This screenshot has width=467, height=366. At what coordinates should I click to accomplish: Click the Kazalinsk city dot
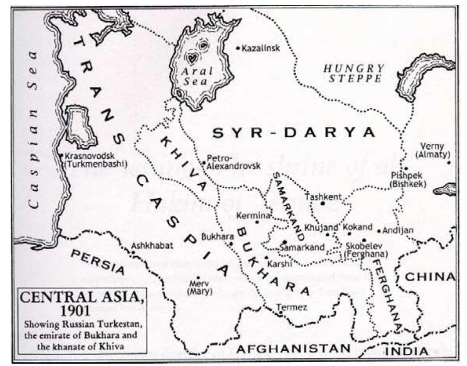tap(238, 48)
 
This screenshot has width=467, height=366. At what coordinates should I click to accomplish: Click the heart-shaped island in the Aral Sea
tap(191, 59)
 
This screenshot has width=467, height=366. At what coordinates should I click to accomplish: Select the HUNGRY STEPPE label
tap(353, 73)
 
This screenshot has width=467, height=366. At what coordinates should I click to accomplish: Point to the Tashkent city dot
tap(323, 203)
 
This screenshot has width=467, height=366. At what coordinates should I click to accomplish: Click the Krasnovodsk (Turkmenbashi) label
tap(95, 160)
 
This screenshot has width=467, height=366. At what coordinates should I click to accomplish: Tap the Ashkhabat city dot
tap(133, 252)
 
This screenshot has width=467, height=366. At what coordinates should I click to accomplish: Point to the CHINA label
tap(430, 277)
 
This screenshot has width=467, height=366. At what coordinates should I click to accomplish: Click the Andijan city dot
tap(379, 231)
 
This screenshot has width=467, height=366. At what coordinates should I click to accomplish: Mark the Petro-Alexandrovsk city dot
tap(204, 162)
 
